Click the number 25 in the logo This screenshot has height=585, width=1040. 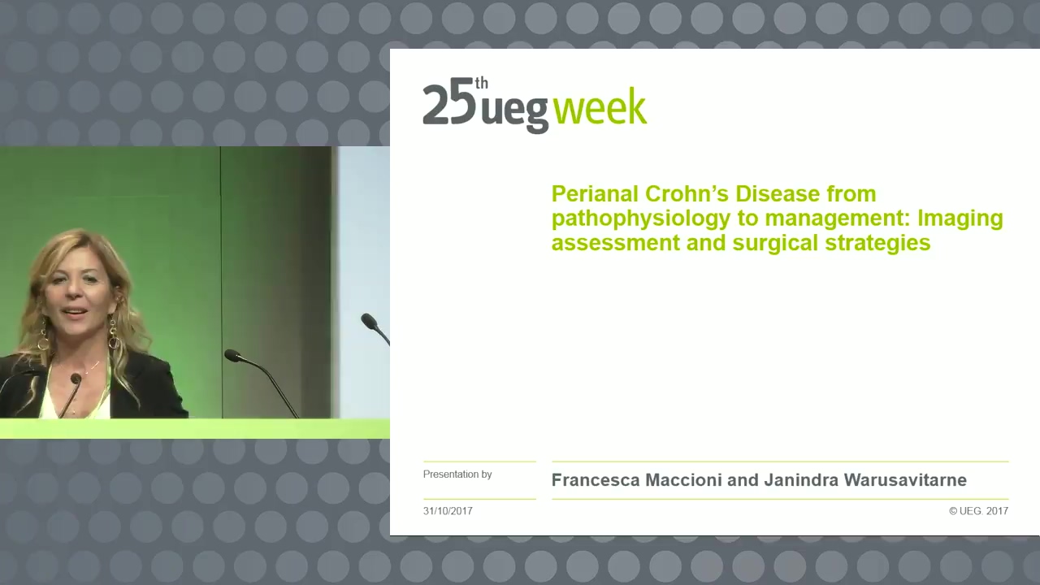click(x=449, y=105)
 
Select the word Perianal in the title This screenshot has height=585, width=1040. click(x=595, y=193)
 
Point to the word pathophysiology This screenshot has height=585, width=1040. click(x=641, y=219)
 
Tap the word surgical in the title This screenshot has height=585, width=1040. click(x=775, y=243)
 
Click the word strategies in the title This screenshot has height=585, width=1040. click(x=878, y=243)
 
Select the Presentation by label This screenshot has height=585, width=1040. click(x=457, y=474)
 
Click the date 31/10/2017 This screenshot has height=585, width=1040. click(x=448, y=511)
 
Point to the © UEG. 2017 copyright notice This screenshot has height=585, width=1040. click(x=979, y=511)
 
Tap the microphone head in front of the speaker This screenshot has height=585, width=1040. click(x=76, y=378)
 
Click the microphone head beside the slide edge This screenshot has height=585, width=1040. click(x=369, y=320)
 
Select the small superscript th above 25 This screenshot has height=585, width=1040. click(x=481, y=83)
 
